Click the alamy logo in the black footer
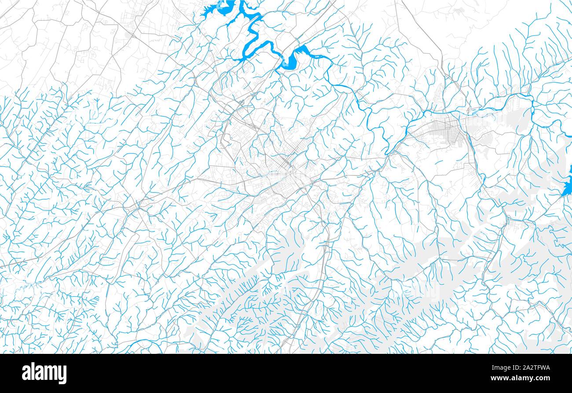[44, 373]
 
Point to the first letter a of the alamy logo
[26, 373]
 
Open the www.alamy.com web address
[523, 378]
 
